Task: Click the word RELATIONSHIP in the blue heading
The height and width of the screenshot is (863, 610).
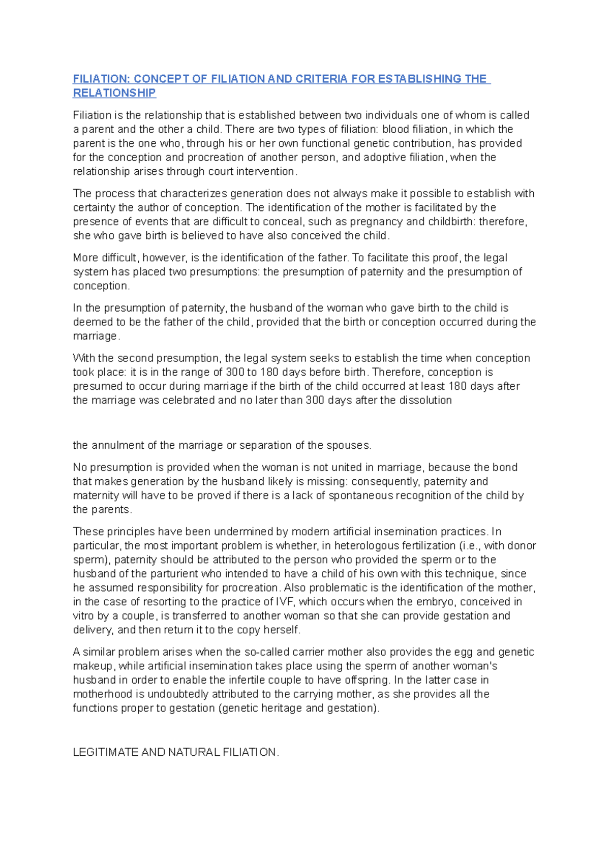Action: (x=114, y=93)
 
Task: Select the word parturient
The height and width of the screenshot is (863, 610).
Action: (x=174, y=574)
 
